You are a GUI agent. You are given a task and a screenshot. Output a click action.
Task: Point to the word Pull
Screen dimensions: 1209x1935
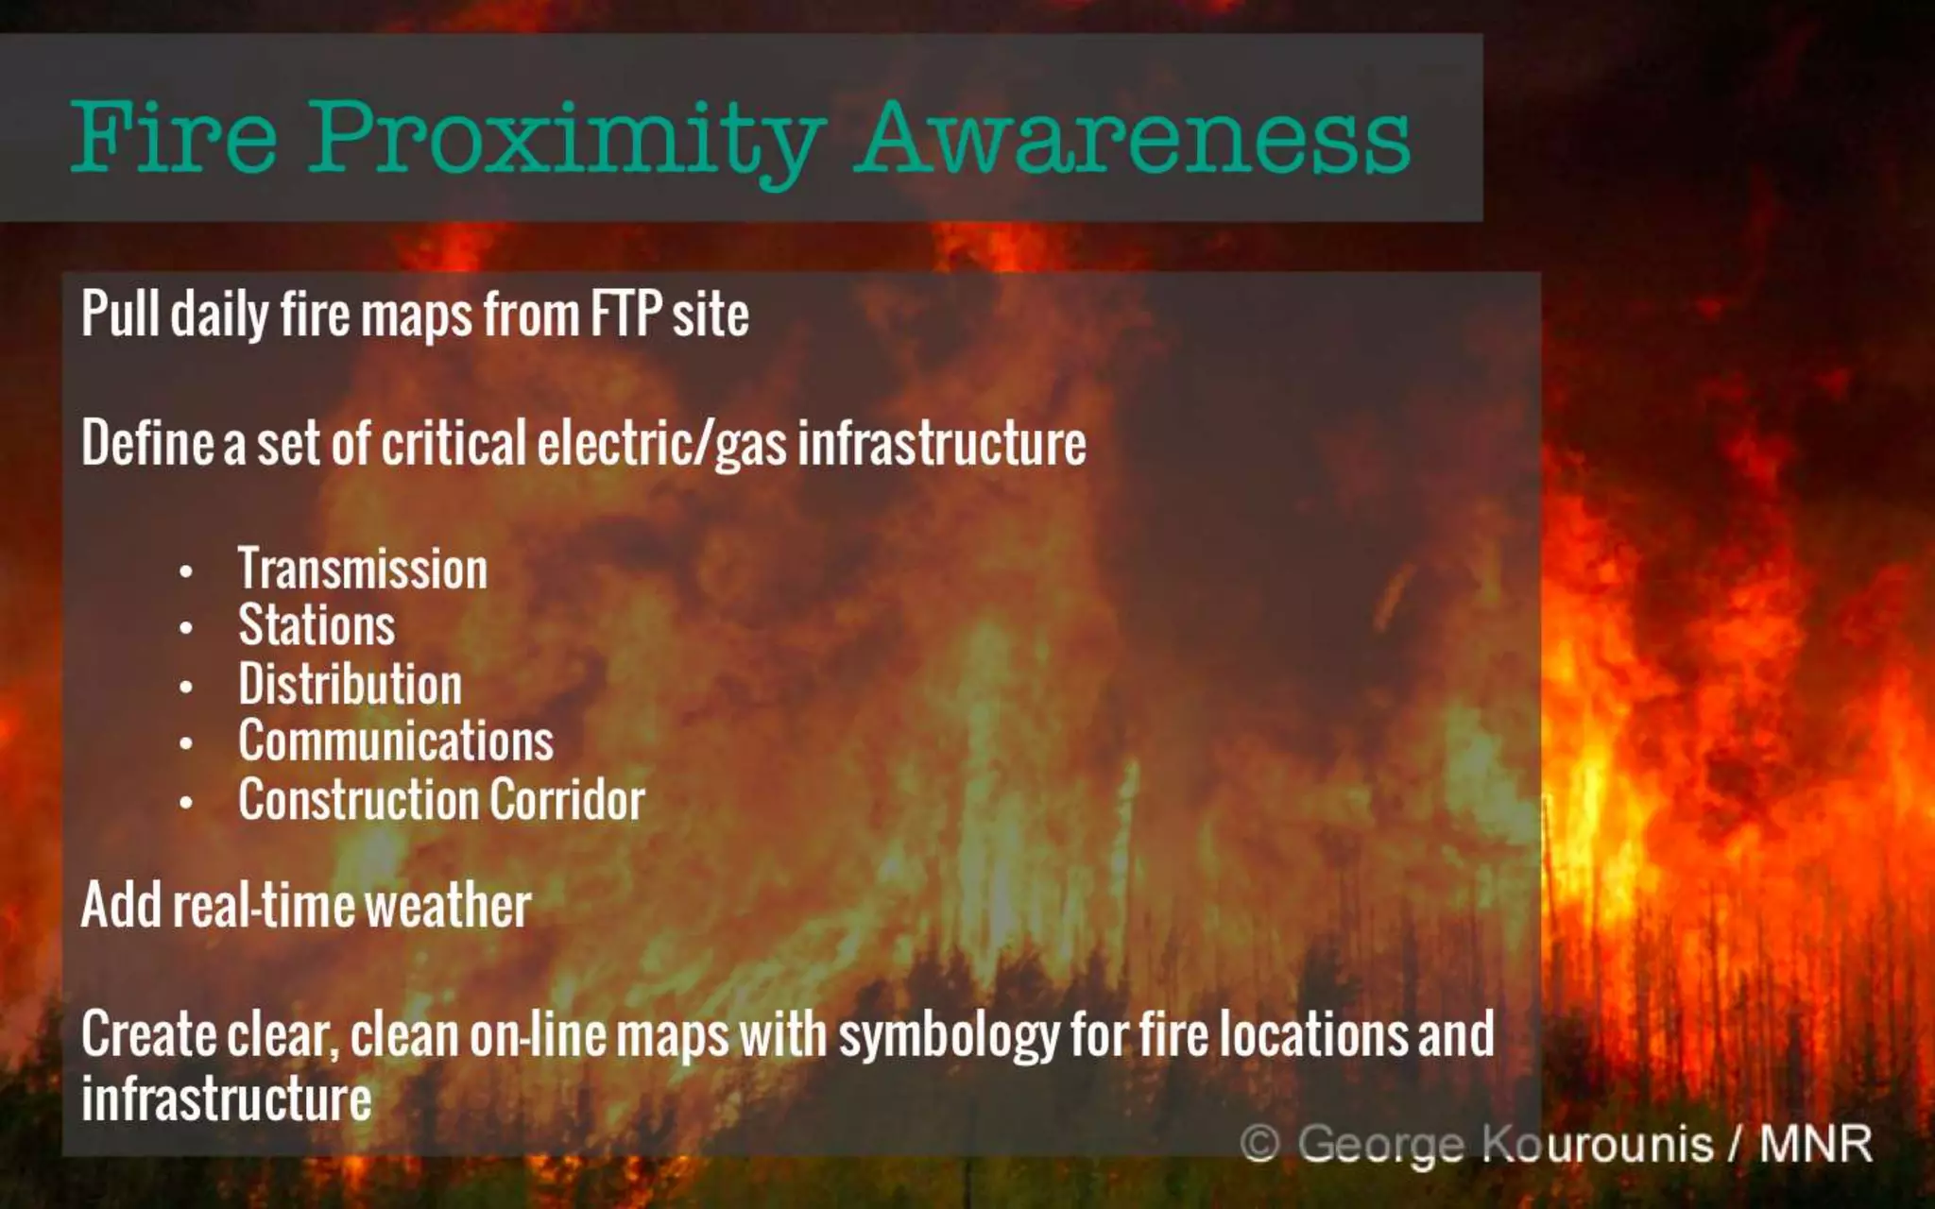pyautogui.click(x=120, y=314)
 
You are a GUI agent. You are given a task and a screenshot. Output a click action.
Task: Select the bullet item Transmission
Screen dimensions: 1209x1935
pyautogui.click(x=363, y=570)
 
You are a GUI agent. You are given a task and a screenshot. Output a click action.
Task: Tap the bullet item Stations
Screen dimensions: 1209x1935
pyautogui.click(x=317, y=626)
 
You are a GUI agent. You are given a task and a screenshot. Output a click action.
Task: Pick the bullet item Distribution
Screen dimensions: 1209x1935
pyautogui.click(x=350, y=684)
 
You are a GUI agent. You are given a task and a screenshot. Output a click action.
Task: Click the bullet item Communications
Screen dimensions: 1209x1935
pyautogui.click(x=396, y=741)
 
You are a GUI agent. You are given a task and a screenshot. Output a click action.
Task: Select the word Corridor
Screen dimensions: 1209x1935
pyautogui.click(x=567, y=800)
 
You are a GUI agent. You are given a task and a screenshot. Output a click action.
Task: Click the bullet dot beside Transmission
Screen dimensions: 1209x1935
pyautogui.click(x=186, y=571)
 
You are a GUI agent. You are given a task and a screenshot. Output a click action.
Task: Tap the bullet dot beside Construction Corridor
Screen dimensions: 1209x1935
pyautogui.click(x=186, y=804)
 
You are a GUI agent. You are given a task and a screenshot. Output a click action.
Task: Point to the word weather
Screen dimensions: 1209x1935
pyautogui.click(x=448, y=906)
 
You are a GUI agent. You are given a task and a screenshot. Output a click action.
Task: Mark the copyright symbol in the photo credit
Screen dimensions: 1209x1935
pyautogui.click(x=1259, y=1144)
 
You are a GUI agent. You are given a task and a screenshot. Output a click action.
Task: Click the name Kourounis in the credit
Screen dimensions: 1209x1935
pyautogui.click(x=1597, y=1144)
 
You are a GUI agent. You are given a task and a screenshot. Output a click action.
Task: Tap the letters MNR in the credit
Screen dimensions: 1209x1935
pyautogui.click(x=1815, y=1144)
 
